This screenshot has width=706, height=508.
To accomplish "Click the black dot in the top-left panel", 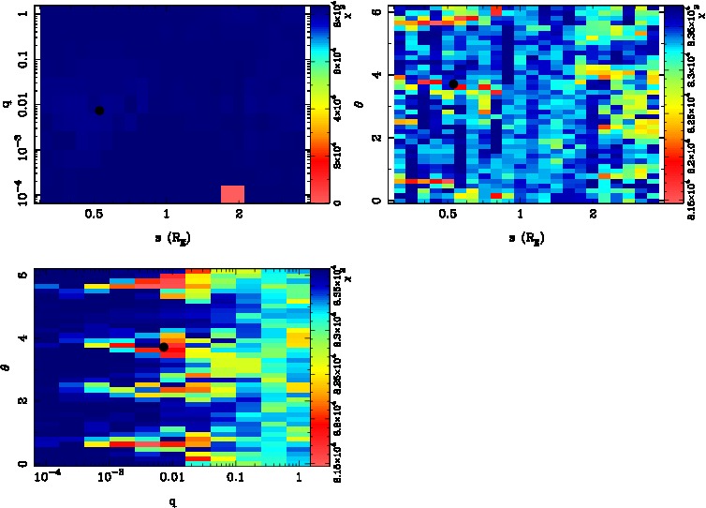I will click(x=99, y=111).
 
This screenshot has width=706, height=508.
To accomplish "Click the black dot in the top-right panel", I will click(x=453, y=84).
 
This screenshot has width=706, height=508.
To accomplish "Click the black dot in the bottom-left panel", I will click(x=163, y=347).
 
